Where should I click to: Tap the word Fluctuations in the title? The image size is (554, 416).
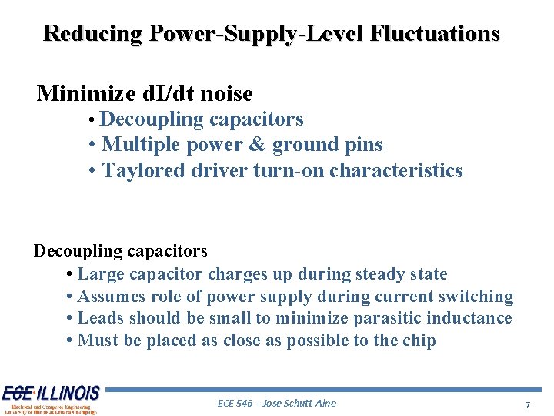pyautogui.click(x=435, y=34)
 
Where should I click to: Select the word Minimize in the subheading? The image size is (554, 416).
pyautogui.click(x=80, y=94)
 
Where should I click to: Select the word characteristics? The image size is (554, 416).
pyautogui.click(x=396, y=170)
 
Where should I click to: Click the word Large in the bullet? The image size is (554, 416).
pyautogui.click(x=102, y=274)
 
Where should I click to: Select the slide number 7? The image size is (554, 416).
pyautogui.click(x=527, y=404)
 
